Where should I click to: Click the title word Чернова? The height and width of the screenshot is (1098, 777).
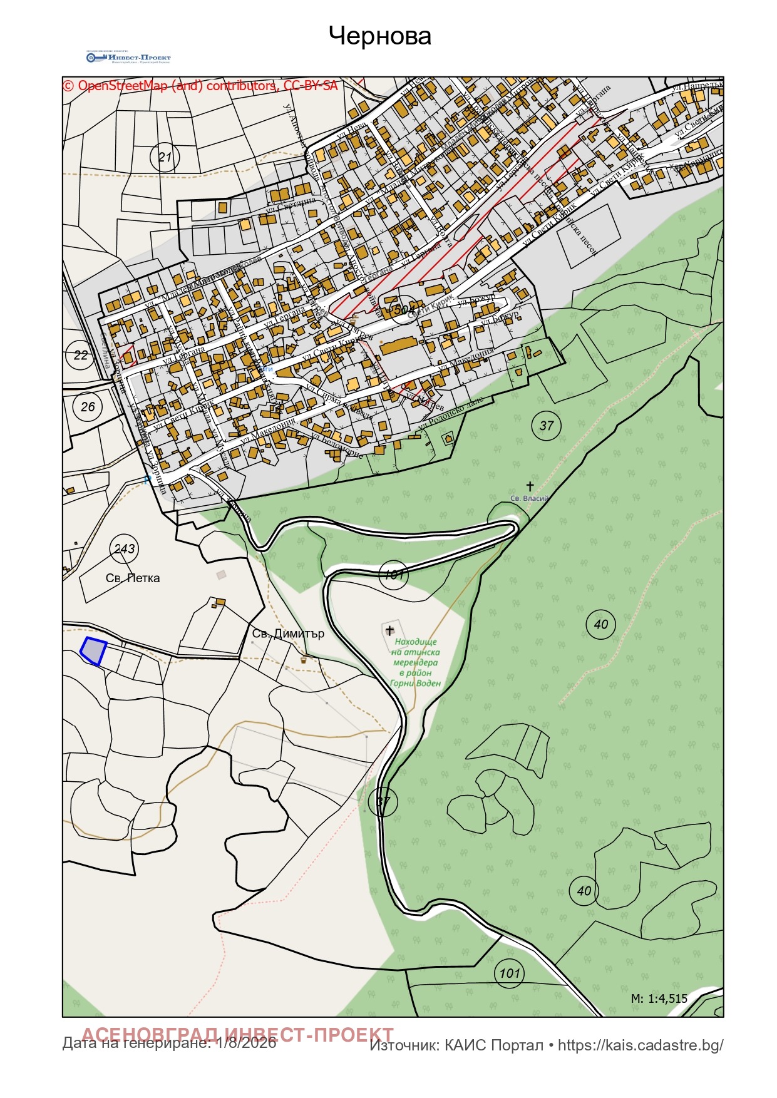(379, 36)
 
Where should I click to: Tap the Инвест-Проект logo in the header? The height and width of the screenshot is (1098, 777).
(128, 58)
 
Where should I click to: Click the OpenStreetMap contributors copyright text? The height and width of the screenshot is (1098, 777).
(200, 86)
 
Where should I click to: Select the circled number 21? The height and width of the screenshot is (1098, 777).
(165, 156)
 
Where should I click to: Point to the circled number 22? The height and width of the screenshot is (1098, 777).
(81, 355)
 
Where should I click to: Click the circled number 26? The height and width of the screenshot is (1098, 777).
(88, 406)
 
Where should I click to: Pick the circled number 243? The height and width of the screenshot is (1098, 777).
(124, 548)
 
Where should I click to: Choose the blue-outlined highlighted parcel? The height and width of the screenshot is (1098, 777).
(93, 651)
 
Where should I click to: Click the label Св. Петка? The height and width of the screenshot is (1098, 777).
(133, 578)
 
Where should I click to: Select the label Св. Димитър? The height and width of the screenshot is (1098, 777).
(288, 633)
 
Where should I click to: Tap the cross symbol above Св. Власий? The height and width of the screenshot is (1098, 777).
(530, 486)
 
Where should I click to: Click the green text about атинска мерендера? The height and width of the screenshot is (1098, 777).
(415, 662)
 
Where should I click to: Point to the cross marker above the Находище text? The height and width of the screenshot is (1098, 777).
(389, 630)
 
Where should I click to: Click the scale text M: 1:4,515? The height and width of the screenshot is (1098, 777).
(659, 998)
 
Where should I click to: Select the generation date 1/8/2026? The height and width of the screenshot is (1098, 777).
(246, 1043)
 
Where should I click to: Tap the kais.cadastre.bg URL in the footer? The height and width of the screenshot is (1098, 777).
(640, 1045)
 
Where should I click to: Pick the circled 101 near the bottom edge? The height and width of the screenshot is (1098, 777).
(509, 973)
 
